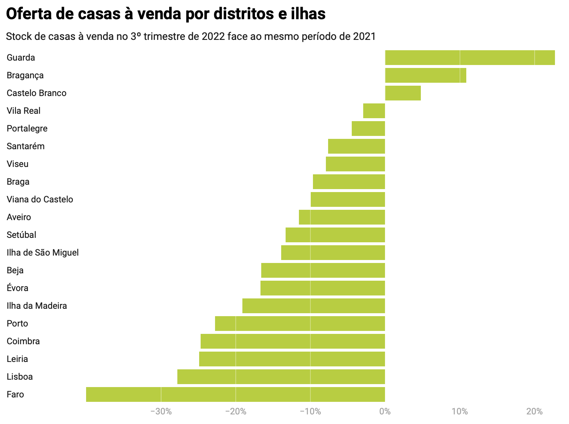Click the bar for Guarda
[x=470, y=58]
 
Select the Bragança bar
[x=425, y=75]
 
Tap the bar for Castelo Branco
[x=403, y=93]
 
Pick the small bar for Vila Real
[x=374, y=111]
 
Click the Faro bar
[x=235, y=394]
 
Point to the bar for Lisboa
[x=281, y=377]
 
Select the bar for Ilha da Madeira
[x=314, y=306]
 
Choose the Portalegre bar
[x=368, y=129]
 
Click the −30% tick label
[x=161, y=411]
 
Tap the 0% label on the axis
[x=385, y=411]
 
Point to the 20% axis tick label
[x=534, y=411]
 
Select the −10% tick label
[x=310, y=411]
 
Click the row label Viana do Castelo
[x=40, y=199]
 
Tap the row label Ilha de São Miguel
[x=43, y=253]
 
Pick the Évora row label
[x=17, y=288]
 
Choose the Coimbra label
[x=23, y=341]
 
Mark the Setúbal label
[x=21, y=235]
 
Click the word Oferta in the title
[x=29, y=14]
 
